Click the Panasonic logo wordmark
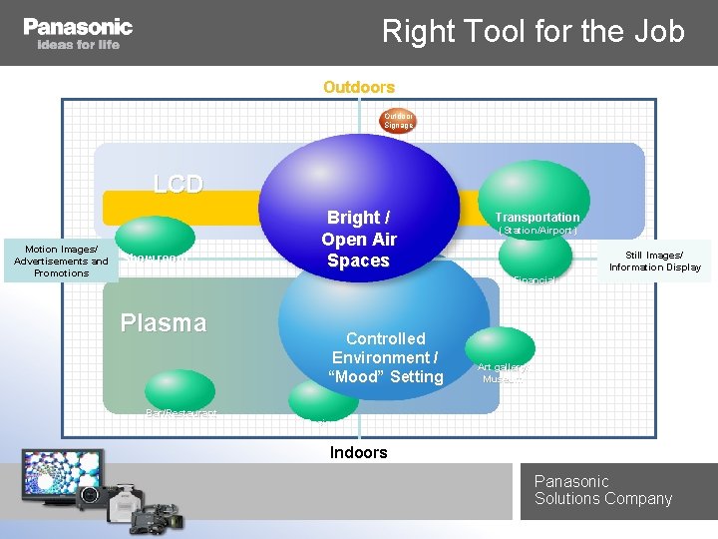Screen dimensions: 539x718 point(78,27)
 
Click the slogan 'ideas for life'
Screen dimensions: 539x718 point(78,45)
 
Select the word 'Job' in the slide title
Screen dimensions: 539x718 point(659,32)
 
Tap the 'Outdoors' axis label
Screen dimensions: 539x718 point(359,88)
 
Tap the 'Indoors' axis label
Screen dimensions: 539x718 point(359,452)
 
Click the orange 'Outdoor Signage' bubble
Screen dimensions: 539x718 point(398,121)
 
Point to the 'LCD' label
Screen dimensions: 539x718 point(178,184)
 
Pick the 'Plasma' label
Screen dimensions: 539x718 point(163,322)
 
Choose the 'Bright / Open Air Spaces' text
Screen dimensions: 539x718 point(358,240)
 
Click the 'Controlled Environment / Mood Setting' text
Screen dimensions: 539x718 point(387,357)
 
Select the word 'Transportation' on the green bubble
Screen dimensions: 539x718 point(538,217)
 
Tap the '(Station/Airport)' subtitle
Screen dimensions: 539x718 point(538,232)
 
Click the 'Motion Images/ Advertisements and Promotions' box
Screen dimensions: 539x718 point(61,262)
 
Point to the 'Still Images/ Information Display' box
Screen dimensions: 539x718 point(655,262)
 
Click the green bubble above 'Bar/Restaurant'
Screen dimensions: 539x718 point(179,389)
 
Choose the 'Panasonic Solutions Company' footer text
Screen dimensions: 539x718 point(602,490)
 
